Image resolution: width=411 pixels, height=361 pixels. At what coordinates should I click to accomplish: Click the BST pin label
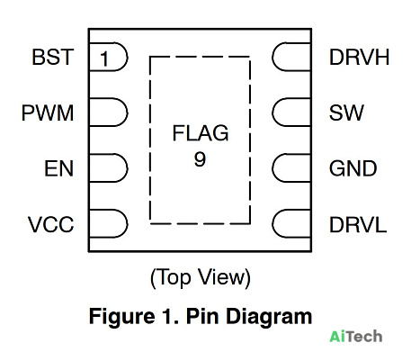click(x=53, y=57)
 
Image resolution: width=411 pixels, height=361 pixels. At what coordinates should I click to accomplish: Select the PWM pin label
click(x=48, y=113)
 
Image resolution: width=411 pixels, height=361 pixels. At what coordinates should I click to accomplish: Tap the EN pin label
click(x=59, y=168)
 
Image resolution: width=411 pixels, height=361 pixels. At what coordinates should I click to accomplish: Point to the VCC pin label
click(x=50, y=224)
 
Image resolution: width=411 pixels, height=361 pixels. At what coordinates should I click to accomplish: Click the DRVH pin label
click(x=359, y=57)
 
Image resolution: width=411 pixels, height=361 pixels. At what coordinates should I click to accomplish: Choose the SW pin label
click(x=346, y=113)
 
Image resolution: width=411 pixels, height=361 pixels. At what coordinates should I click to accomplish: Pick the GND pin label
click(x=353, y=168)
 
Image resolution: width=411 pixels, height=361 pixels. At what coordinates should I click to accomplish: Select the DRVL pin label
click(x=358, y=224)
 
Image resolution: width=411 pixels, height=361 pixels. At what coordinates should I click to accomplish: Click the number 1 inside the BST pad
click(x=104, y=59)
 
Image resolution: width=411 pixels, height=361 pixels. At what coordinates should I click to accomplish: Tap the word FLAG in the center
click(x=201, y=133)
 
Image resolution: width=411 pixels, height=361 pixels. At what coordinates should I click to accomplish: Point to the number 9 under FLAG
click(x=200, y=159)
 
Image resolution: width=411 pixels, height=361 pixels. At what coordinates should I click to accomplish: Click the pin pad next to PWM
click(x=109, y=113)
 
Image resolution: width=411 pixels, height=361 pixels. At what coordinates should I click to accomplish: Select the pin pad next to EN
click(x=109, y=168)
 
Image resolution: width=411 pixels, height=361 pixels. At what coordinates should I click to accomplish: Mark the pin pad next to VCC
click(x=109, y=224)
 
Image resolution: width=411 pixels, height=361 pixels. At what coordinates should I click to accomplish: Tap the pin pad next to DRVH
click(x=291, y=57)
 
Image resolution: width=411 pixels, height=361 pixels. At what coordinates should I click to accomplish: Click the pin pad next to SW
click(x=291, y=113)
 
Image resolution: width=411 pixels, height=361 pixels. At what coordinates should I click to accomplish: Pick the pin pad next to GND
click(x=291, y=168)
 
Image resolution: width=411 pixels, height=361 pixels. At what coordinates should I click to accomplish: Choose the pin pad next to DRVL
click(x=291, y=224)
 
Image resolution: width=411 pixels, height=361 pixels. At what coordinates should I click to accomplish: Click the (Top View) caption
click(x=201, y=278)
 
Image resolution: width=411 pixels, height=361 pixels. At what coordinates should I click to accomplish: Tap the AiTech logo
click(x=356, y=337)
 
